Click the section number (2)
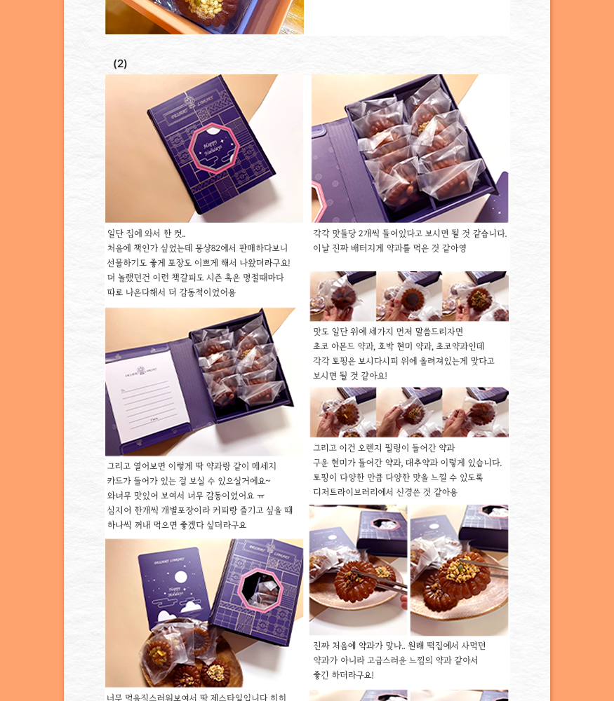[x=120, y=64]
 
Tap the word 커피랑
[x=226, y=510]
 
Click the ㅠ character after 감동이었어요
[x=261, y=496]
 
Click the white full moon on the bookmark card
[x=181, y=576]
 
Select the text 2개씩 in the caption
[x=369, y=233]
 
